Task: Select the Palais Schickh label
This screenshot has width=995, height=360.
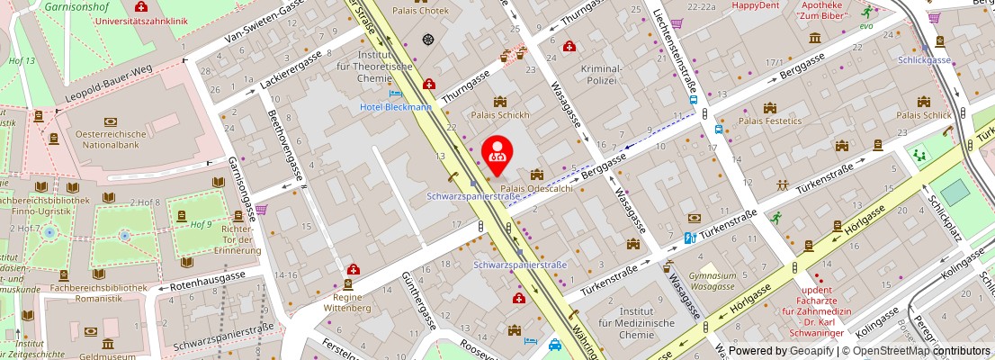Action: pyautogui.click(x=501, y=115)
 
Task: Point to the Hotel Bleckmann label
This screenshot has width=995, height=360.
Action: pyautogui.click(x=395, y=106)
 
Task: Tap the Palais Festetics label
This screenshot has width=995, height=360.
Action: pyautogui.click(x=769, y=119)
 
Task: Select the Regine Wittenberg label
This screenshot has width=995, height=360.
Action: pyautogui.click(x=346, y=301)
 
